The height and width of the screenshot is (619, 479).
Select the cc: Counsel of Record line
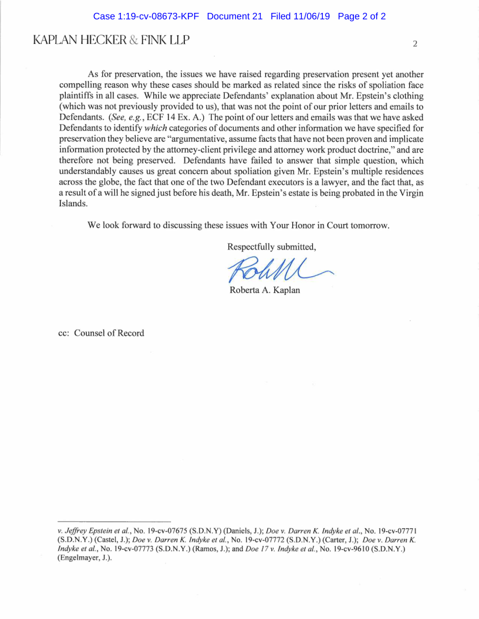(101, 333)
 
